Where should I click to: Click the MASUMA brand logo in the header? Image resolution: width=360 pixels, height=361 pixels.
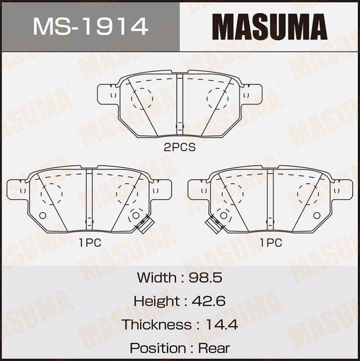tap(269, 26)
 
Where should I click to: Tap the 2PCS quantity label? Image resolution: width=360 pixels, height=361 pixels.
tap(179, 148)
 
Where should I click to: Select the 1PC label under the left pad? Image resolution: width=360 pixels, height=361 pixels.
tap(89, 243)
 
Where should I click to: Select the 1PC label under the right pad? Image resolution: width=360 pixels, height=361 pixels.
tap(271, 243)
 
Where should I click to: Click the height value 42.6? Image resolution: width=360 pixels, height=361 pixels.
tap(209, 301)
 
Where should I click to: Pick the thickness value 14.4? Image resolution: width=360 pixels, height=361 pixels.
tap(222, 324)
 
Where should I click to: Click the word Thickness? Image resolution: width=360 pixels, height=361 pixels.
tap(156, 324)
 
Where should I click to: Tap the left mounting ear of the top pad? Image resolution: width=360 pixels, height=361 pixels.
tap(106, 94)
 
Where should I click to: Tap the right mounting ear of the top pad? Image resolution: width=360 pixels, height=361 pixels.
tap(253, 94)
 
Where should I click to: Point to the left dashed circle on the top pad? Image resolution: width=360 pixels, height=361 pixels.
tap(142, 98)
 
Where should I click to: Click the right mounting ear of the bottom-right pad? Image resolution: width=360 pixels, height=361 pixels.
tap(343, 189)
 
